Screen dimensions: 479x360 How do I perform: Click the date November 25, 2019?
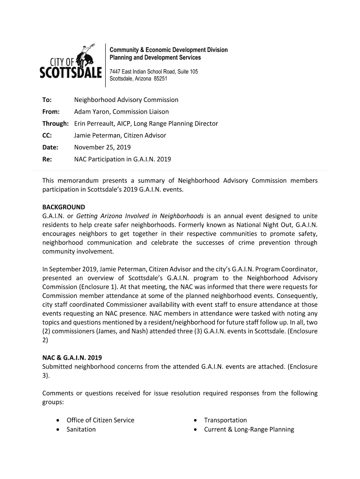[x=102, y=147]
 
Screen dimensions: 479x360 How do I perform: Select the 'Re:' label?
[x=47, y=159]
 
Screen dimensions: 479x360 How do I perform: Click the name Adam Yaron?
[x=90, y=112]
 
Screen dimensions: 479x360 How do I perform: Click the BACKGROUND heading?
[x=64, y=207]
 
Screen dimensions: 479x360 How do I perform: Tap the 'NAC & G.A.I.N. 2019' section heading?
[x=72, y=358]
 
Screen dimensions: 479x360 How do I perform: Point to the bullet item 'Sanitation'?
[x=81, y=429]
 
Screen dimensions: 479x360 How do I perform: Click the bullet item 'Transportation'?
[x=225, y=420]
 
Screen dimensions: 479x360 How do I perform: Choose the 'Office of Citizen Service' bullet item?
[x=100, y=420]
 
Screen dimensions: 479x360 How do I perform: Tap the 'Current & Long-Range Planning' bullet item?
[x=249, y=429]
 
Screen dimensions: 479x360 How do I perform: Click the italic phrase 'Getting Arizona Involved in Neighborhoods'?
[x=140, y=216]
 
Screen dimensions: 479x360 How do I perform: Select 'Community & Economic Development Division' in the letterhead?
[x=168, y=50]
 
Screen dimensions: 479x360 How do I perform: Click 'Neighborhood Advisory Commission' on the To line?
[x=126, y=100]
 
